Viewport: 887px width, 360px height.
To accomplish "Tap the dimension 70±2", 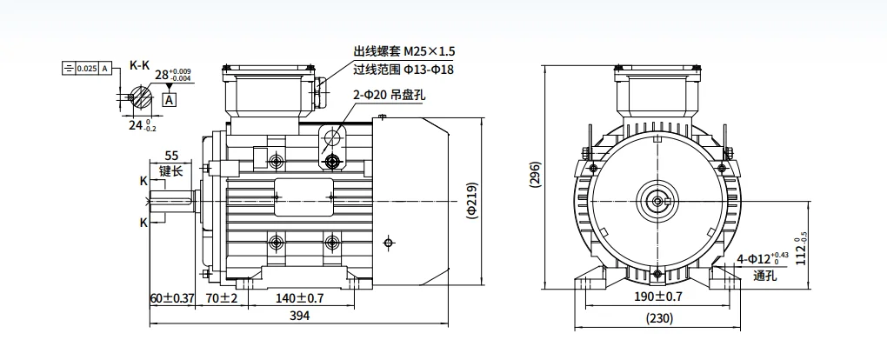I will click(222, 298).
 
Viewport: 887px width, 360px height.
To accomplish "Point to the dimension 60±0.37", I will click(170, 298).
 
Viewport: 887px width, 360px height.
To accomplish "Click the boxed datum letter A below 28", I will click(169, 99).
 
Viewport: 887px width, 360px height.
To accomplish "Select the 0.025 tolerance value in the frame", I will click(87, 68).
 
